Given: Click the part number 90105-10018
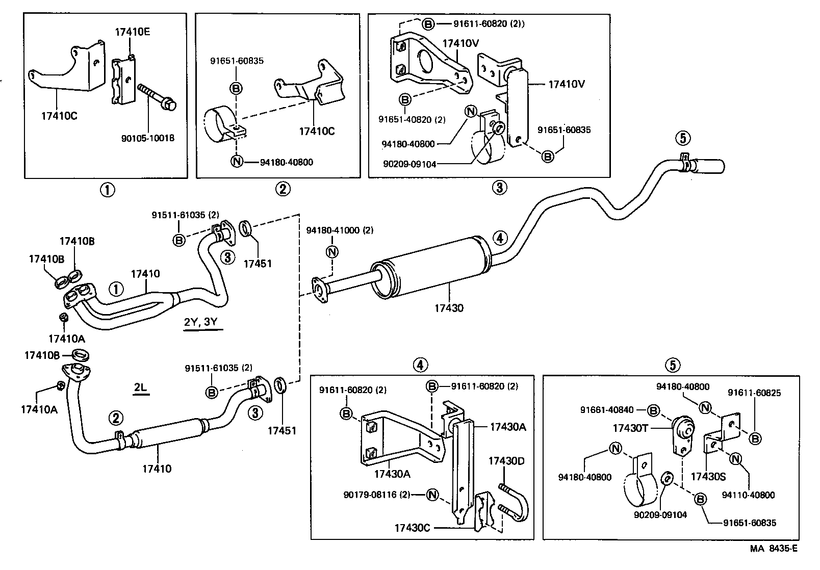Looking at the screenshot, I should click(x=148, y=138).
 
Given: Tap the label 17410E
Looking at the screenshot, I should click(x=132, y=32).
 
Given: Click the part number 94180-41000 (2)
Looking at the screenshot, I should click(x=339, y=230).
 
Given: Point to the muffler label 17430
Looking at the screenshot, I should click(x=449, y=308).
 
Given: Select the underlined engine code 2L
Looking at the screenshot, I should click(x=140, y=388).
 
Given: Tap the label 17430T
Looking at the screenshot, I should click(x=630, y=429).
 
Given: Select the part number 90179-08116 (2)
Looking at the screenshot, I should click(x=376, y=494).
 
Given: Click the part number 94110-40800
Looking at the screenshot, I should click(x=748, y=495).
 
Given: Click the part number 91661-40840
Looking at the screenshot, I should click(x=606, y=410).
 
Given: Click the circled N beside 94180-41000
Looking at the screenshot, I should click(x=332, y=252).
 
